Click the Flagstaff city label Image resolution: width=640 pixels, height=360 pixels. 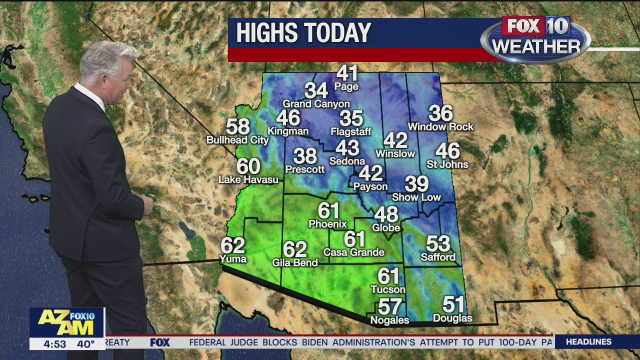[351, 132]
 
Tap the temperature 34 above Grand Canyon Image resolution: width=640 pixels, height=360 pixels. [316, 91]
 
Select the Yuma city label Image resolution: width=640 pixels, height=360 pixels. [233, 259]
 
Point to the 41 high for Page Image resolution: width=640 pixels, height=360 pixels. [347, 73]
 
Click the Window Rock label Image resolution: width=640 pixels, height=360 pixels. [440, 127]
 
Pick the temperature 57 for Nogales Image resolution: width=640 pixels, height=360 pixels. [390, 306]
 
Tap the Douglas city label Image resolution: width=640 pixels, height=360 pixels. [452, 318]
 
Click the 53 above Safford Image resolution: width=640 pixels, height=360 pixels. [438, 244]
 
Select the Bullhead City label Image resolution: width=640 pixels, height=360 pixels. [238, 140]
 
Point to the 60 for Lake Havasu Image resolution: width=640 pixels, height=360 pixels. [248, 166]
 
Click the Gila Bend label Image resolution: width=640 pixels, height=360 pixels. [295, 262]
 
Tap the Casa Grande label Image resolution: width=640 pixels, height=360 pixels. [354, 252]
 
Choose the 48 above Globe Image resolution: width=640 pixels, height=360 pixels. [386, 215]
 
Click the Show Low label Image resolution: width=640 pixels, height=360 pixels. [416, 197]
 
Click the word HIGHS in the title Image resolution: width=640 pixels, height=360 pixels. [268, 33]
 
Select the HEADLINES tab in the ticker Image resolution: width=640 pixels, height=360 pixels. [588, 342]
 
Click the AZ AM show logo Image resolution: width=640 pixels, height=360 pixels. [66, 322]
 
